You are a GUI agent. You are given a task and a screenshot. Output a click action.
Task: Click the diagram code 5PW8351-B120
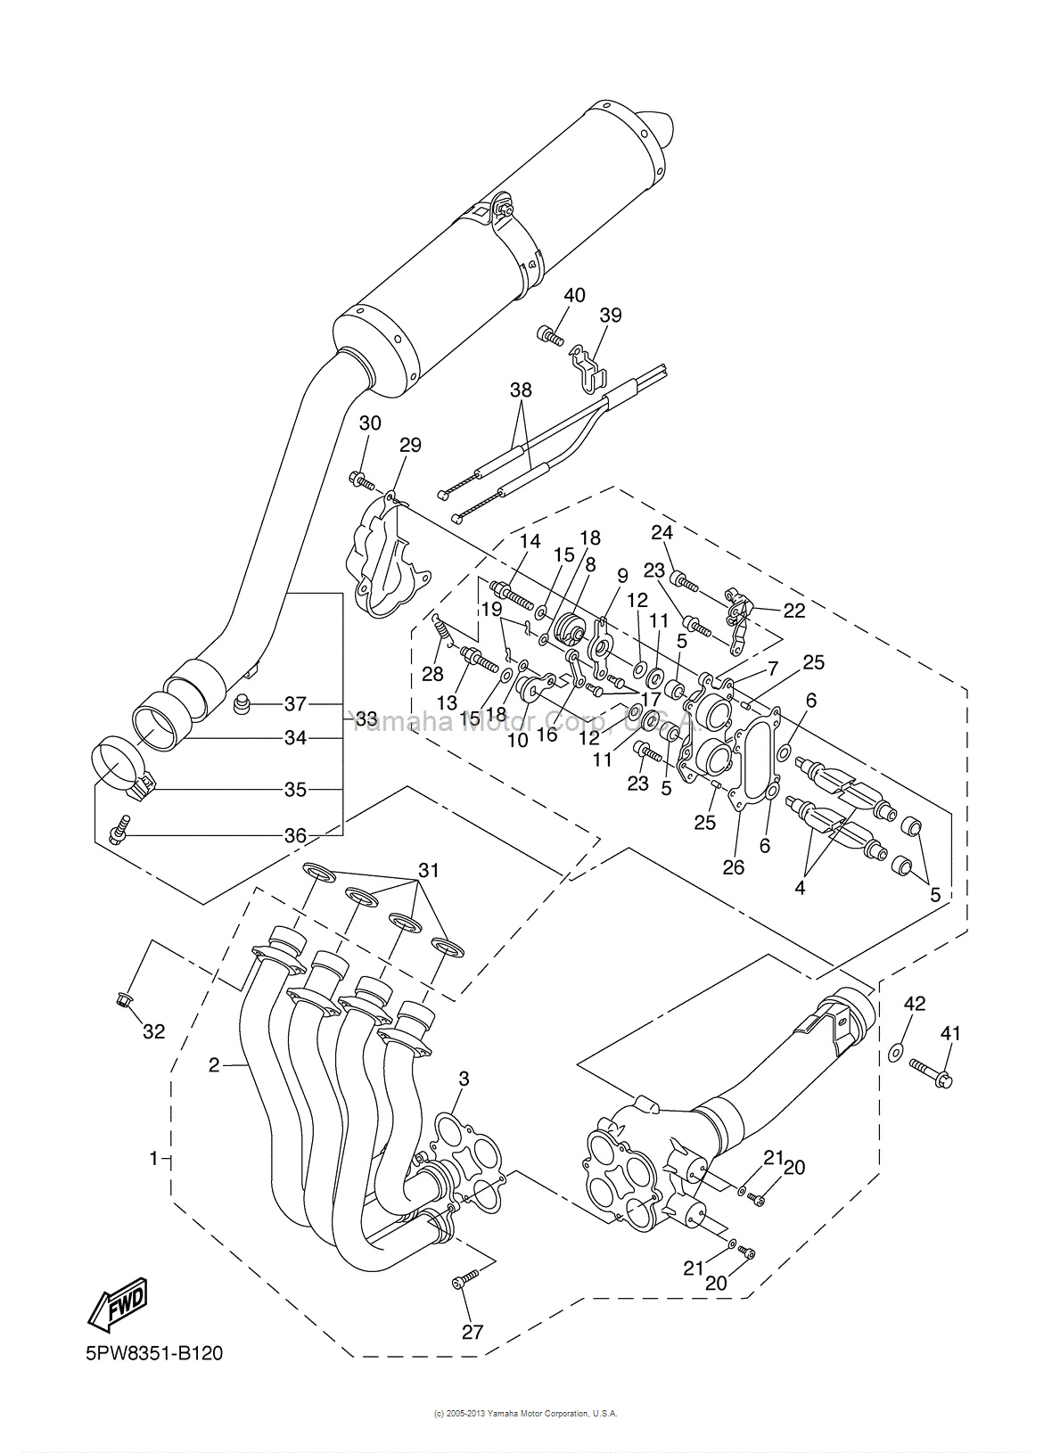[x=154, y=1353]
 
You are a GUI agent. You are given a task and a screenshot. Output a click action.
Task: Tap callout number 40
[x=574, y=295]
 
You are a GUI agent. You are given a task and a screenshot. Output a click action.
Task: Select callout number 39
[x=611, y=315]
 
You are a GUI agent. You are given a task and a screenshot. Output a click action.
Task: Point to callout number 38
[x=521, y=390]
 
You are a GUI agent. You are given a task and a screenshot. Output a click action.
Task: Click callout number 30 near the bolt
[x=370, y=423]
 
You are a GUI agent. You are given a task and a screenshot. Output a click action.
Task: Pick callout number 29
[x=410, y=444]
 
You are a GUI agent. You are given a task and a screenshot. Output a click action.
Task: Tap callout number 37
[x=295, y=703]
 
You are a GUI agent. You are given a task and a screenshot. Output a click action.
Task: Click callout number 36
[x=295, y=835]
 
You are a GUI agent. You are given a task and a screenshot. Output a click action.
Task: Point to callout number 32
[x=154, y=1031]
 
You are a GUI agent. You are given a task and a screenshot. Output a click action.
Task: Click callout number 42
[x=915, y=1003]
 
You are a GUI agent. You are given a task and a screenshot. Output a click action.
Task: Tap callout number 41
[x=950, y=1033]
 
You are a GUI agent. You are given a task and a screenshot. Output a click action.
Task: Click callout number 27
[x=473, y=1332]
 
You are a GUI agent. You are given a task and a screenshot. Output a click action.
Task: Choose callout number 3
[x=464, y=1079]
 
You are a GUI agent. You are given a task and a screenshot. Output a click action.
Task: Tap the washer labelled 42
[x=896, y=1054]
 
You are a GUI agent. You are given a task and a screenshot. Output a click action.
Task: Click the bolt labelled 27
[x=465, y=1279]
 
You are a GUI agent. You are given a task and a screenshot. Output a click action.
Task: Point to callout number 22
[x=793, y=611]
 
